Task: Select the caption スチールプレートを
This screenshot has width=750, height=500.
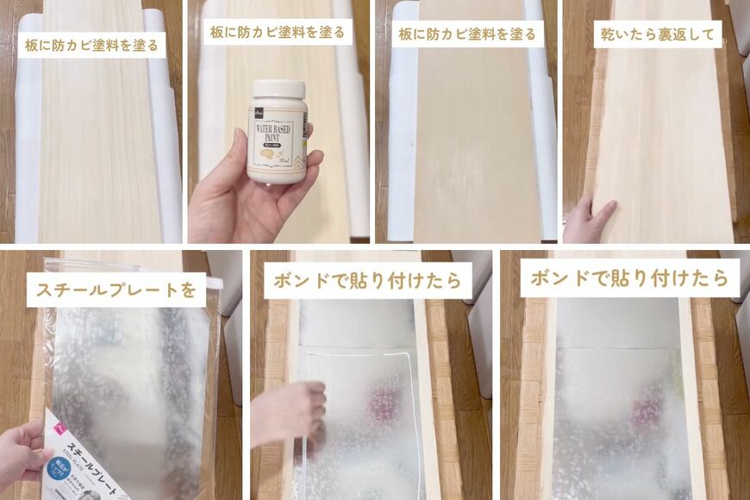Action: (116, 290)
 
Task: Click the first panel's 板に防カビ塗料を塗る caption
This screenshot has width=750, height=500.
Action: (91, 45)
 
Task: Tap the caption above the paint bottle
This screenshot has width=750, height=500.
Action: (278, 33)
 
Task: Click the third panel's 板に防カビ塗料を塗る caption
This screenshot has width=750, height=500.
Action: (466, 35)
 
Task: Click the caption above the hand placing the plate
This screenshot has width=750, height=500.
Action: (368, 281)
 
